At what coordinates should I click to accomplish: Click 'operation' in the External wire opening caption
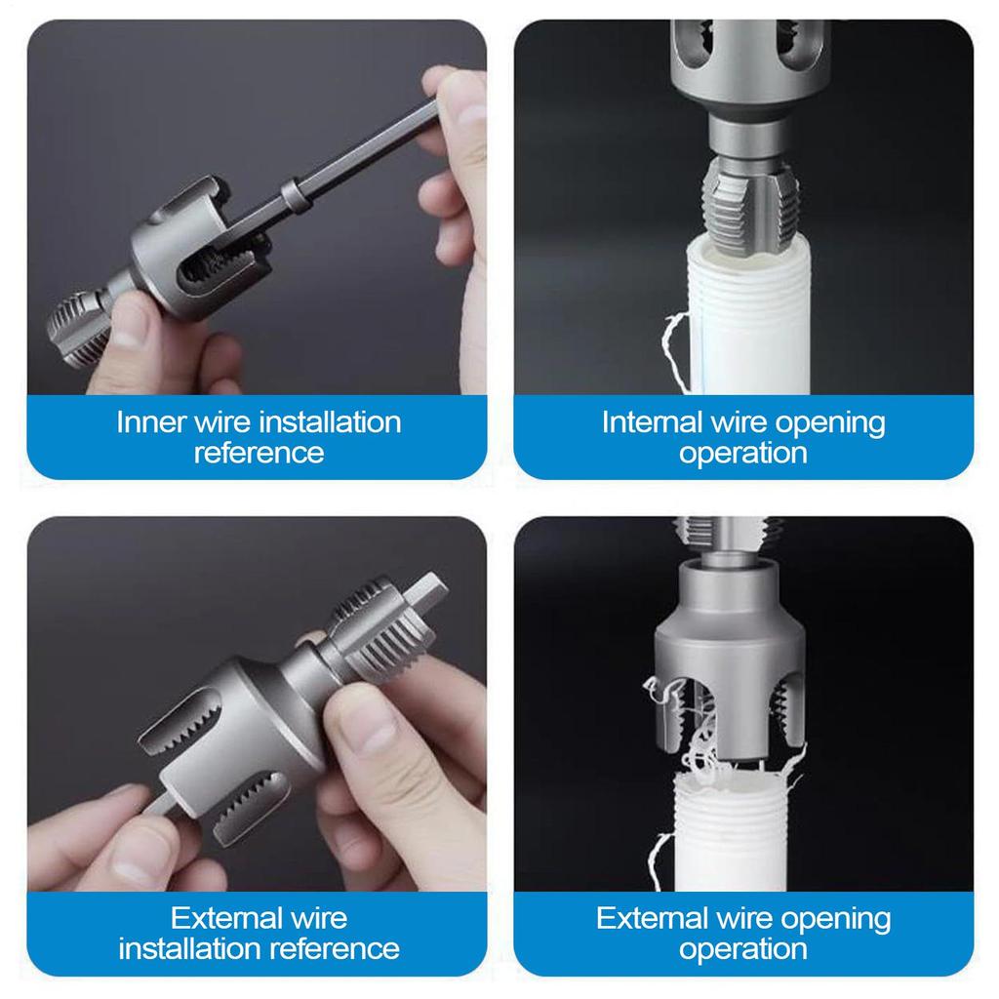(x=743, y=948)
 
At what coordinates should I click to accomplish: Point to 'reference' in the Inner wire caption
(x=259, y=453)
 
